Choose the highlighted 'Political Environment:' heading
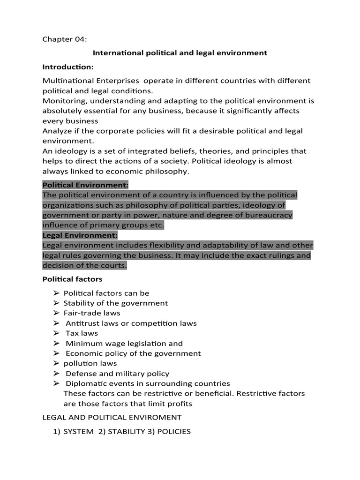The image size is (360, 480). click(x=85, y=185)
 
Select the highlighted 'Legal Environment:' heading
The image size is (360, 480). click(x=80, y=235)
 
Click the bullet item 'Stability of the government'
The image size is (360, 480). click(x=116, y=303)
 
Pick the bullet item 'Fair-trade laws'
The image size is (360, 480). click(x=92, y=313)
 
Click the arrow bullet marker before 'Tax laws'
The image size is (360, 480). click(x=56, y=333)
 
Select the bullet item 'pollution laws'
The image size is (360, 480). click(x=90, y=364)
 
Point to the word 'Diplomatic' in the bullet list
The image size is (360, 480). click(x=84, y=384)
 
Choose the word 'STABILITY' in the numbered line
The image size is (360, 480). click(x=124, y=432)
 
